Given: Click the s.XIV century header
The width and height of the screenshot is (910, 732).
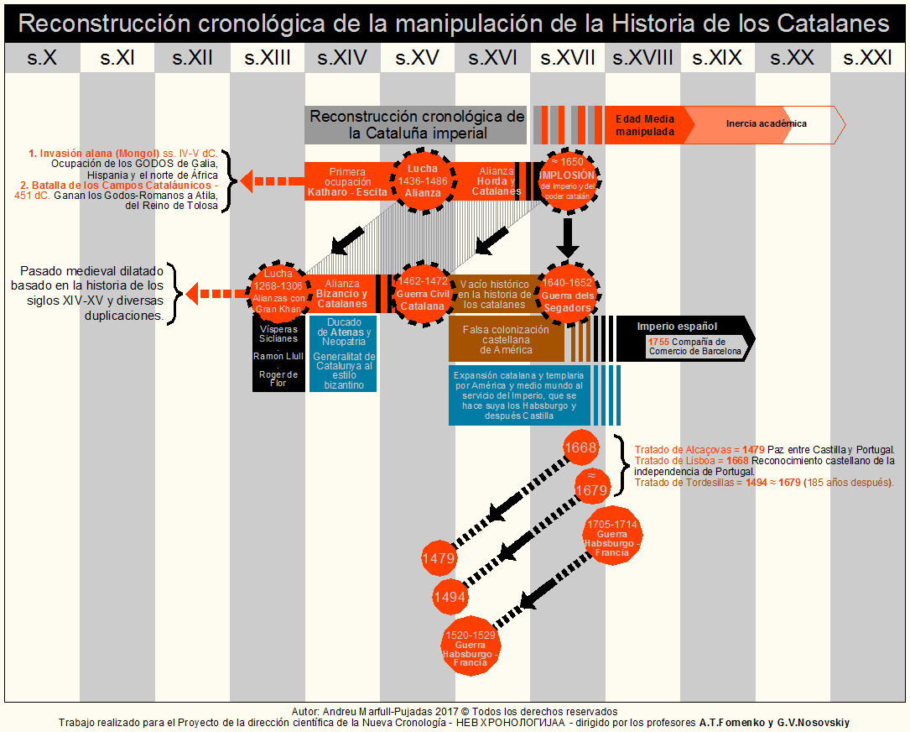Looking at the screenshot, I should tap(342, 58).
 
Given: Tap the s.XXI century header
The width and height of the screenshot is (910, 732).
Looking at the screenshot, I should tap(868, 58).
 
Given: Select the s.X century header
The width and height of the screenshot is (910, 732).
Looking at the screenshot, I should tap(42, 58).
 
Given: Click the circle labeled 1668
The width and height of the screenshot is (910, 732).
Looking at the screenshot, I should tap(580, 447).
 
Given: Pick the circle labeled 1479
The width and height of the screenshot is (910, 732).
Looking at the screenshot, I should tap(438, 558).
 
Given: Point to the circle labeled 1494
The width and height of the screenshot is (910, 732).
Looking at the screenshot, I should tap(450, 597).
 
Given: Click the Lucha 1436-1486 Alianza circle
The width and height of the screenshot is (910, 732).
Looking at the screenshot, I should tap(423, 180).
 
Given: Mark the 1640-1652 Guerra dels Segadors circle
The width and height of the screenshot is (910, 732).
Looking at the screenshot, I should tap(567, 294).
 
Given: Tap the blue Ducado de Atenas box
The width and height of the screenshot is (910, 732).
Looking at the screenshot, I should tap(343, 353).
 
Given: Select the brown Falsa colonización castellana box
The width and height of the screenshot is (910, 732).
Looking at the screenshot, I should tap(507, 339).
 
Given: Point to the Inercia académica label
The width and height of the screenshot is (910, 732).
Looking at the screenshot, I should tap(767, 124).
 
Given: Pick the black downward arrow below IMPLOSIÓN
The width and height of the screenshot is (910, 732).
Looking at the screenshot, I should tap(568, 237).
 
